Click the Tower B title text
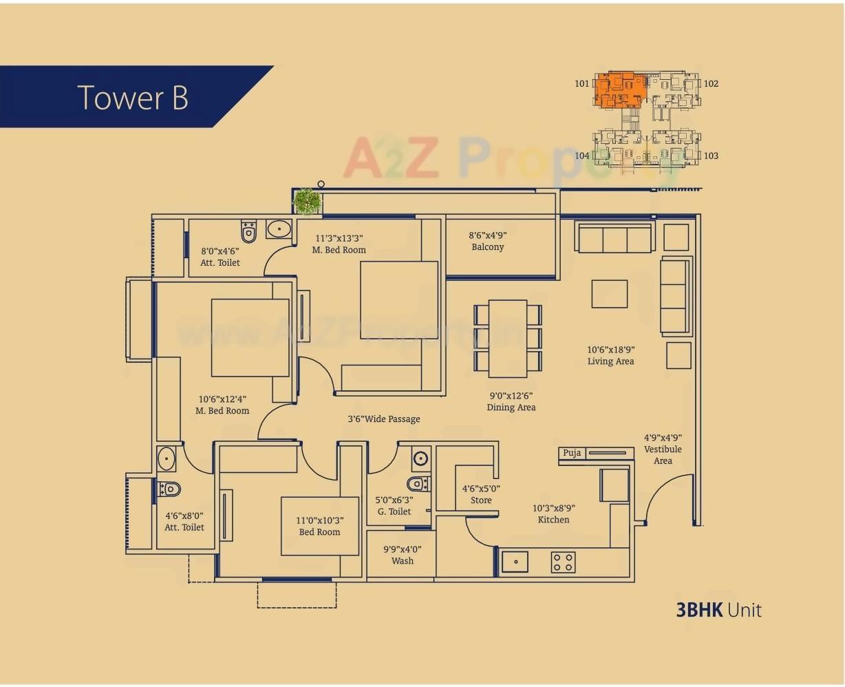pos(133,97)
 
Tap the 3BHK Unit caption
pos(718,610)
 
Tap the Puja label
pos(572,453)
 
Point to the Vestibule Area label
pos(663,449)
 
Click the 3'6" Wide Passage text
pos(383,419)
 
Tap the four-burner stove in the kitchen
pos(562,562)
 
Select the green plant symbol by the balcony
pos(308,202)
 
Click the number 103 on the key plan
pos(711,156)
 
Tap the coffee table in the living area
pos(609,294)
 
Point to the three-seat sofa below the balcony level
pos(614,238)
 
